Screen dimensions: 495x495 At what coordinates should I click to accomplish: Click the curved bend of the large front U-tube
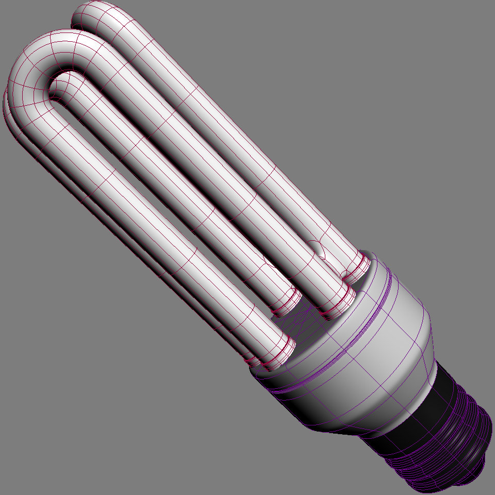36,67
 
